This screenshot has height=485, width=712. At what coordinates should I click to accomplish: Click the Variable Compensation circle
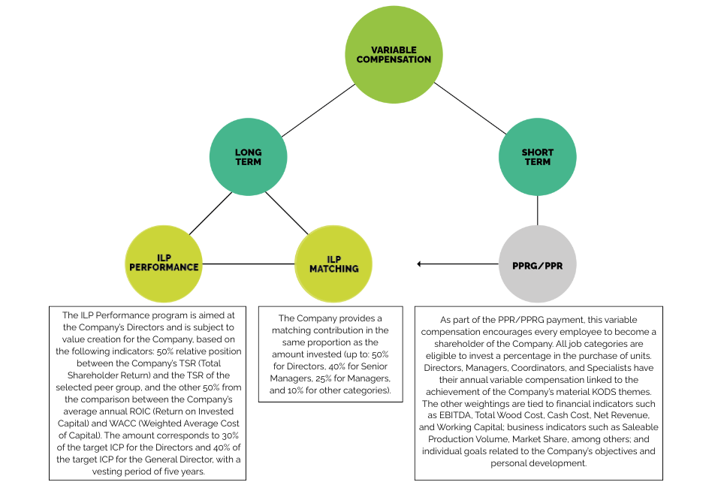[x=394, y=55]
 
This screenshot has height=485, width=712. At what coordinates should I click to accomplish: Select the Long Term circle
[x=248, y=157]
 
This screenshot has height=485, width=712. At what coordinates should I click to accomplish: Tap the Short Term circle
[x=537, y=157]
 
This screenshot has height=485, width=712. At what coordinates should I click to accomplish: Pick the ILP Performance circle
[x=164, y=264]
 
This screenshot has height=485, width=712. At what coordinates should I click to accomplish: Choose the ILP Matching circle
[x=333, y=264]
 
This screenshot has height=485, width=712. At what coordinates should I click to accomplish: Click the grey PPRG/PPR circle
[x=537, y=264]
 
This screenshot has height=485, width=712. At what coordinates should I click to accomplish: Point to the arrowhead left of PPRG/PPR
[x=419, y=264]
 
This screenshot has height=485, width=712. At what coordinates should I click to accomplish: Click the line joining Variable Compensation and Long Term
[x=318, y=110]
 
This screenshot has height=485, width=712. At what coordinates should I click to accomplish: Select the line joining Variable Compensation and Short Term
[x=470, y=109]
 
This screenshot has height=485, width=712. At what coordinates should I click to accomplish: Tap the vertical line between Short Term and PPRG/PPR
[x=538, y=210]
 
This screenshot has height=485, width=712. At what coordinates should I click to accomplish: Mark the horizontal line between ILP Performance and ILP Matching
[x=249, y=264]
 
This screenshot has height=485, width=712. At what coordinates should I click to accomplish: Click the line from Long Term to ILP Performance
[x=210, y=213]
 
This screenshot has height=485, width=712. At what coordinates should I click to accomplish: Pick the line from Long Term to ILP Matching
[x=286, y=213]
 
